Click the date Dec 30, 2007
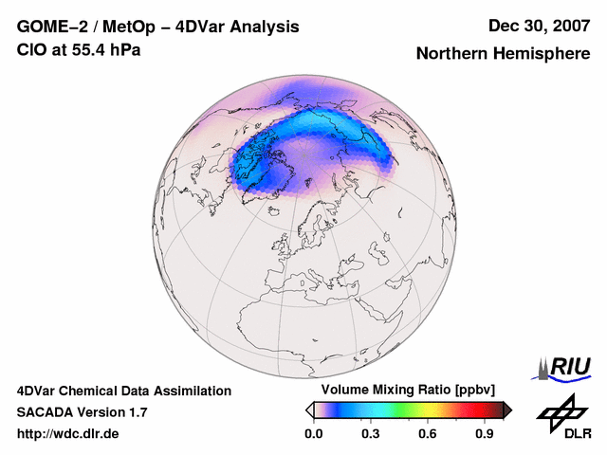[x=538, y=27]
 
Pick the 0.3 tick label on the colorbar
[x=371, y=434]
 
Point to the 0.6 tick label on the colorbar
[x=428, y=434]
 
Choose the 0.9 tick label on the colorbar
[x=485, y=434]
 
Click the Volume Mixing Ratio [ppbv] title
[x=404, y=391]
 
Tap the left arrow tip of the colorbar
[x=309, y=409]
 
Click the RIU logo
[x=566, y=367]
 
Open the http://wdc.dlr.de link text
[x=68, y=434]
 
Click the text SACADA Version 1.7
[x=82, y=412]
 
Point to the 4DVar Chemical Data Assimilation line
[x=123, y=391]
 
